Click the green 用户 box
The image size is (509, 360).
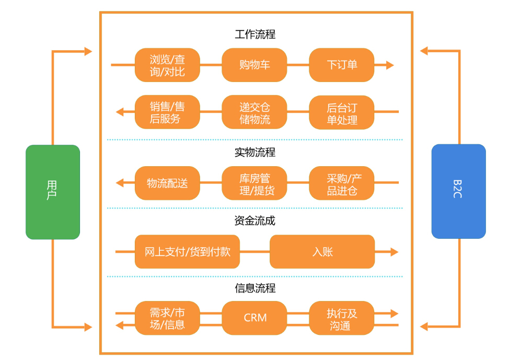[x=53, y=192]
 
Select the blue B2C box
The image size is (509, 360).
[x=458, y=191]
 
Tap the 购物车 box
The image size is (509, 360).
[x=254, y=65]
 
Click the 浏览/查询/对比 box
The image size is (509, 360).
[x=167, y=65]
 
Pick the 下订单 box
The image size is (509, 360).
[x=342, y=65]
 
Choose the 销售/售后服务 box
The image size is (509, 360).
[x=167, y=112]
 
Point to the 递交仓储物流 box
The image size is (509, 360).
[x=254, y=112]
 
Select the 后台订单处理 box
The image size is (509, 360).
[x=342, y=112]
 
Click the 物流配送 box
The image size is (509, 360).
[x=167, y=183]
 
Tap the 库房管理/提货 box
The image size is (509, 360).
[x=254, y=183]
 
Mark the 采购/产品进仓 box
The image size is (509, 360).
[x=342, y=183]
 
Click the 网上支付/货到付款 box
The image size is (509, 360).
[x=187, y=252]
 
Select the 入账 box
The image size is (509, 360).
[x=322, y=252]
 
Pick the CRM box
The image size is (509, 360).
[x=254, y=318]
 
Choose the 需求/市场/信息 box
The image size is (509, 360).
[x=167, y=318]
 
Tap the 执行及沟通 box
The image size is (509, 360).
[x=342, y=318]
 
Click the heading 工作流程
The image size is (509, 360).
[x=255, y=34]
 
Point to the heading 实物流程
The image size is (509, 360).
[x=255, y=153]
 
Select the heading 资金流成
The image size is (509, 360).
[x=255, y=220]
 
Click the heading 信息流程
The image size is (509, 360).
[x=255, y=288]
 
